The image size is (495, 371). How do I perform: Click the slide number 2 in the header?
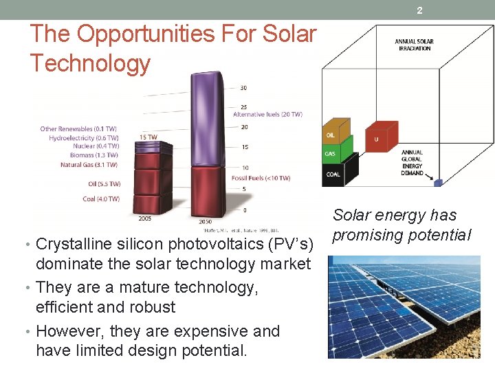(x=419, y=10)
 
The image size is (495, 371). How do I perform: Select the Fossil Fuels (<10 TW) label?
(x=261, y=178)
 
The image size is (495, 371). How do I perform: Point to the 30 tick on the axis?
(x=243, y=88)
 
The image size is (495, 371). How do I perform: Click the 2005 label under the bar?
(x=145, y=218)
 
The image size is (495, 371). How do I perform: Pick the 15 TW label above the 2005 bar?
(x=148, y=137)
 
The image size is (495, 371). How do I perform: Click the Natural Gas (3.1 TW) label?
(x=89, y=165)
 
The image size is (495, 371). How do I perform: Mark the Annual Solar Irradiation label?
(x=414, y=45)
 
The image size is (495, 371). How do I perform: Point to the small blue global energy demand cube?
(x=437, y=182)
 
